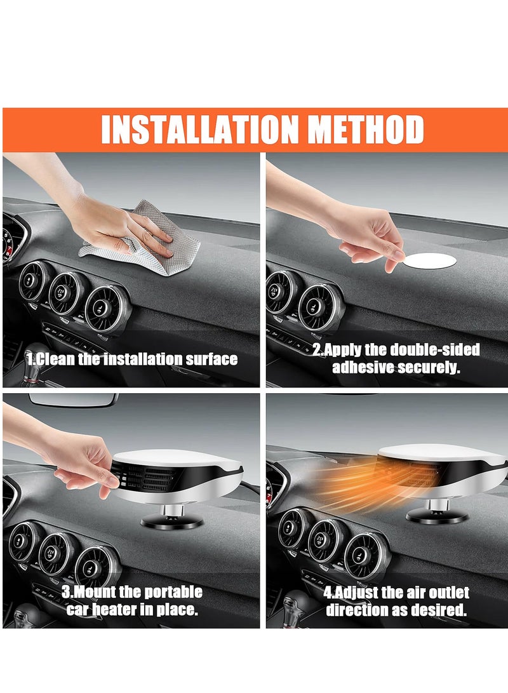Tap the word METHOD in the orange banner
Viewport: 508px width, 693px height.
click(x=366, y=130)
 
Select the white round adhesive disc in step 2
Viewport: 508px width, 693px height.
click(x=430, y=260)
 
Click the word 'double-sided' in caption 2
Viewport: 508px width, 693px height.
click(x=435, y=350)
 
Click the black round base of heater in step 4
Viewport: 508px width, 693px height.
click(x=437, y=516)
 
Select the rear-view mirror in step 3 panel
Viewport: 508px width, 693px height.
click(x=74, y=400)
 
